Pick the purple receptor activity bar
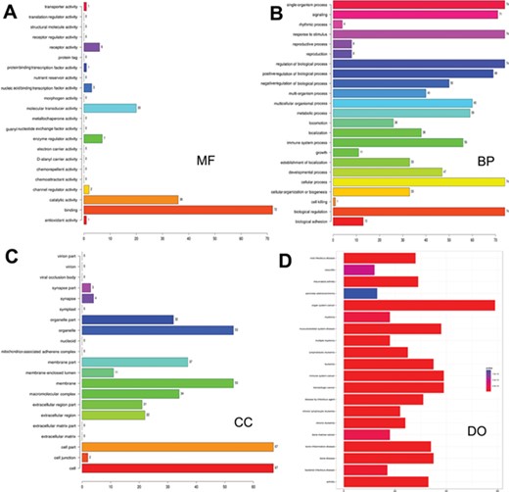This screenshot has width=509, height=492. [91, 46]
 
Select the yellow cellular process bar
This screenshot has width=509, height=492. [419, 181]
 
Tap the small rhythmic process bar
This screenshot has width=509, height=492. [338, 24]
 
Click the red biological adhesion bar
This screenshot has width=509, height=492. [348, 221]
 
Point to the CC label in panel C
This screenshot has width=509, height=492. [245, 422]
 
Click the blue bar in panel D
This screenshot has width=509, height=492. [360, 293]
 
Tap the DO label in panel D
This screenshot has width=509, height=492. [477, 428]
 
